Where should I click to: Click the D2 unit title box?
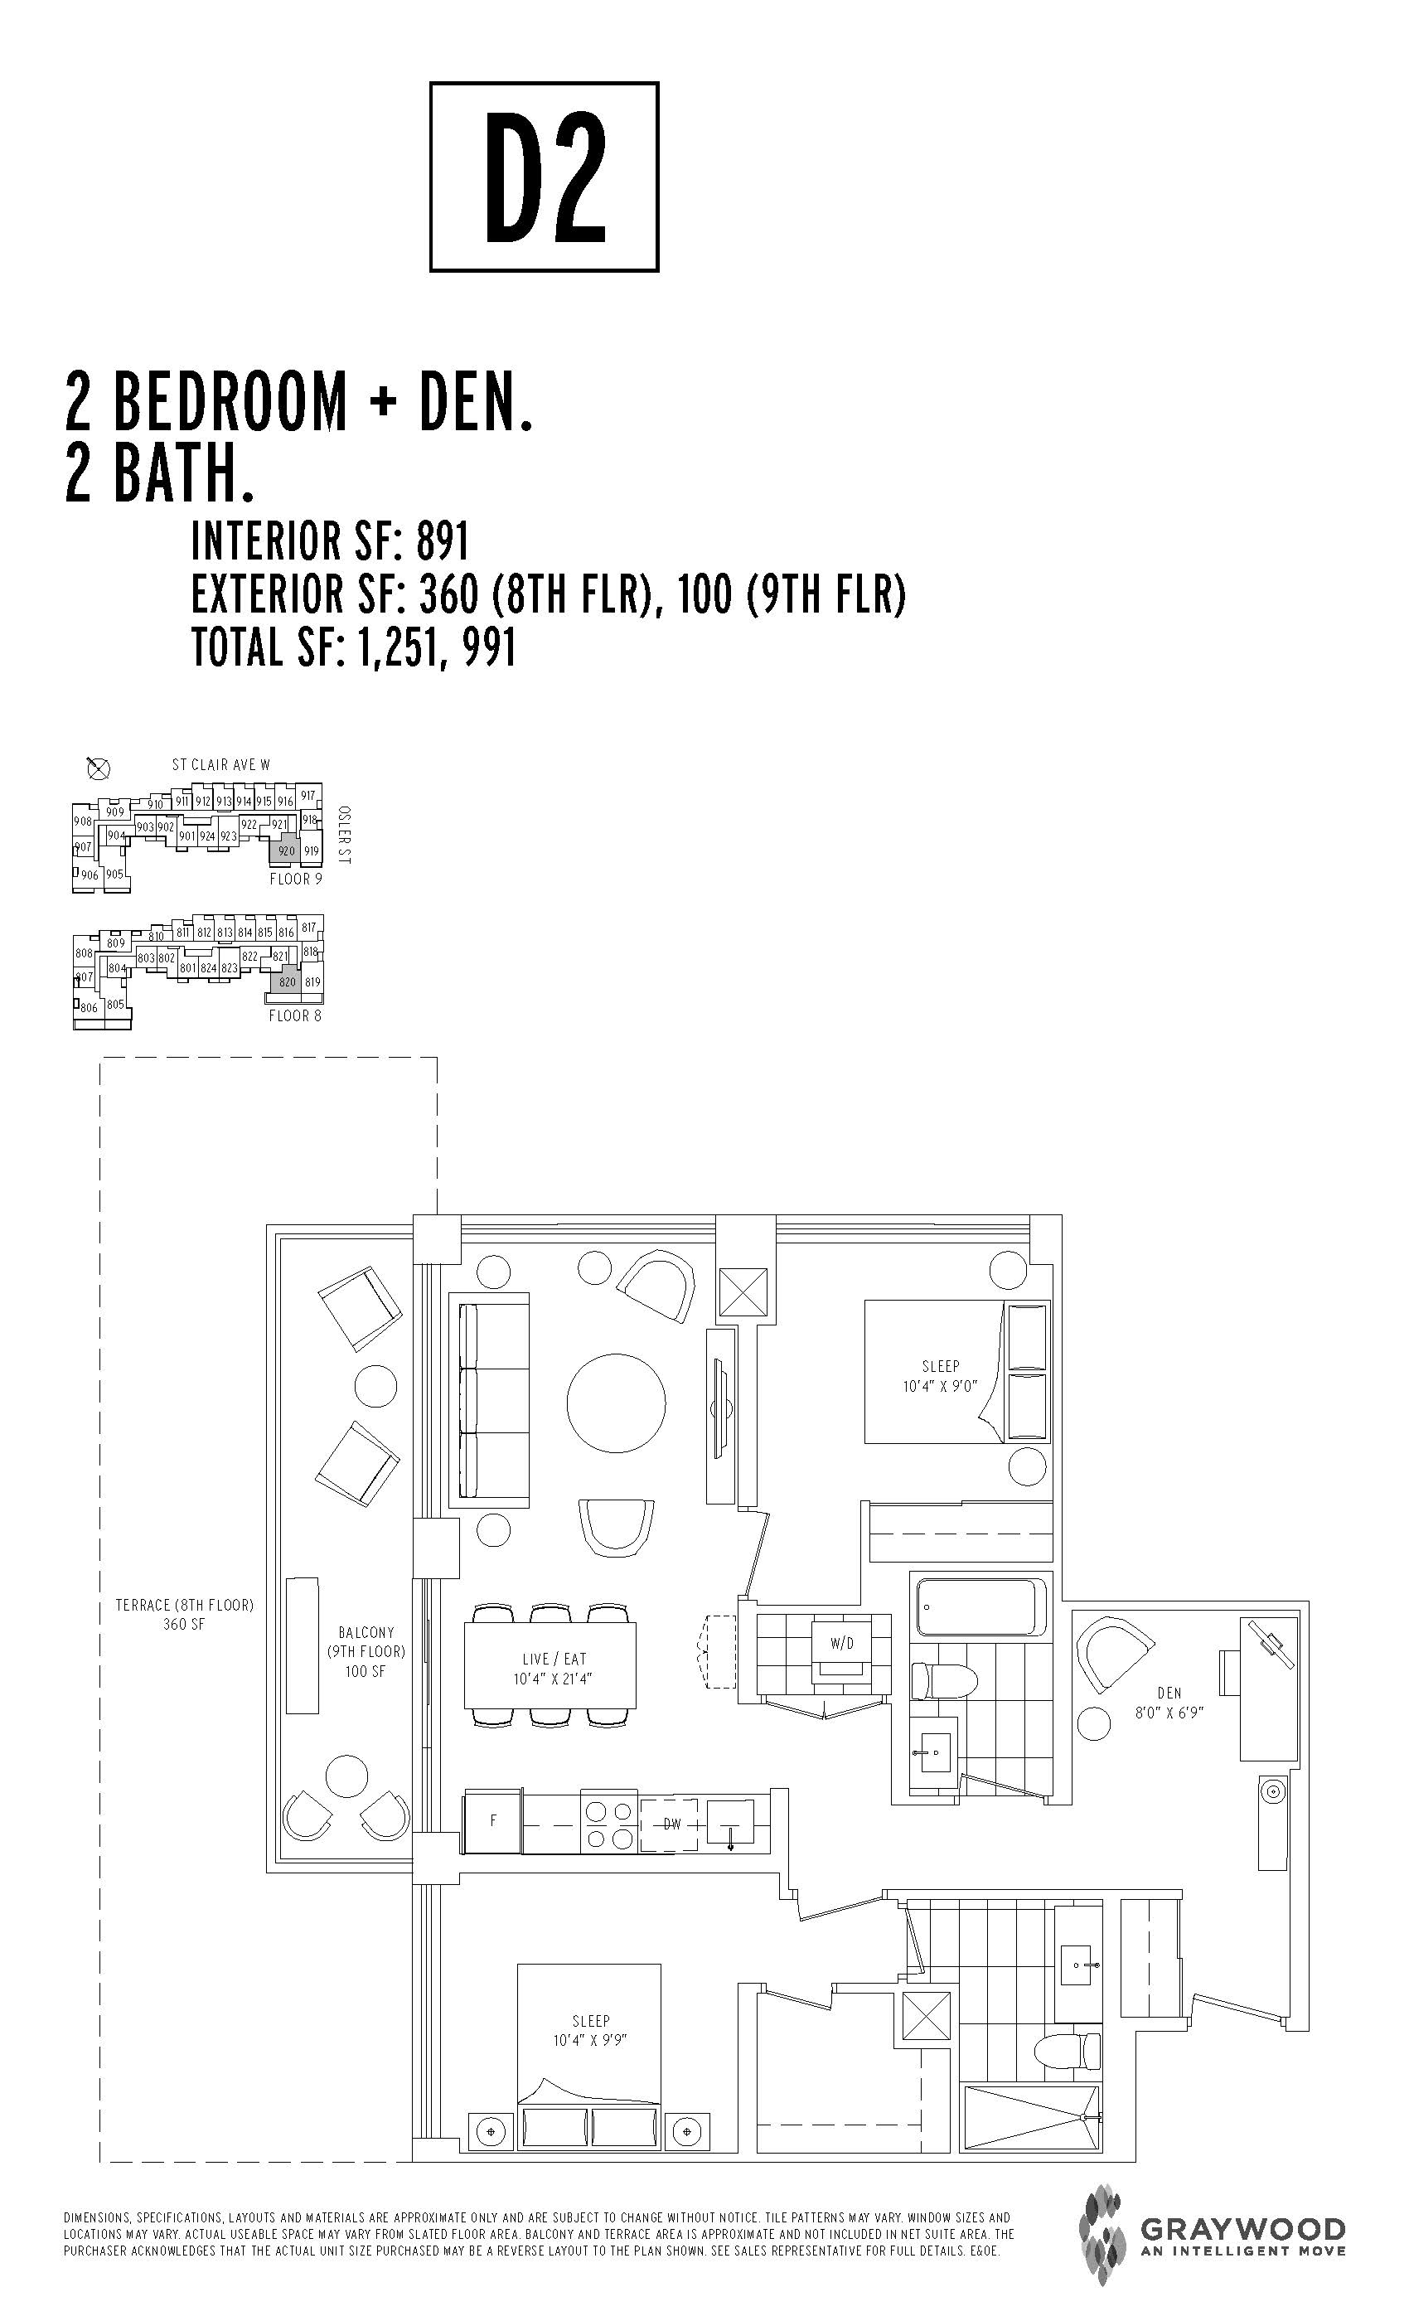[544, 177]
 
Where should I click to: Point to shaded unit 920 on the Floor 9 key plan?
[286, 850]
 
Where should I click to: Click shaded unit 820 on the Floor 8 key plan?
[286, 981]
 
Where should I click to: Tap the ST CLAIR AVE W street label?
[220, 765]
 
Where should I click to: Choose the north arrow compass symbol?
[98, 768]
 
